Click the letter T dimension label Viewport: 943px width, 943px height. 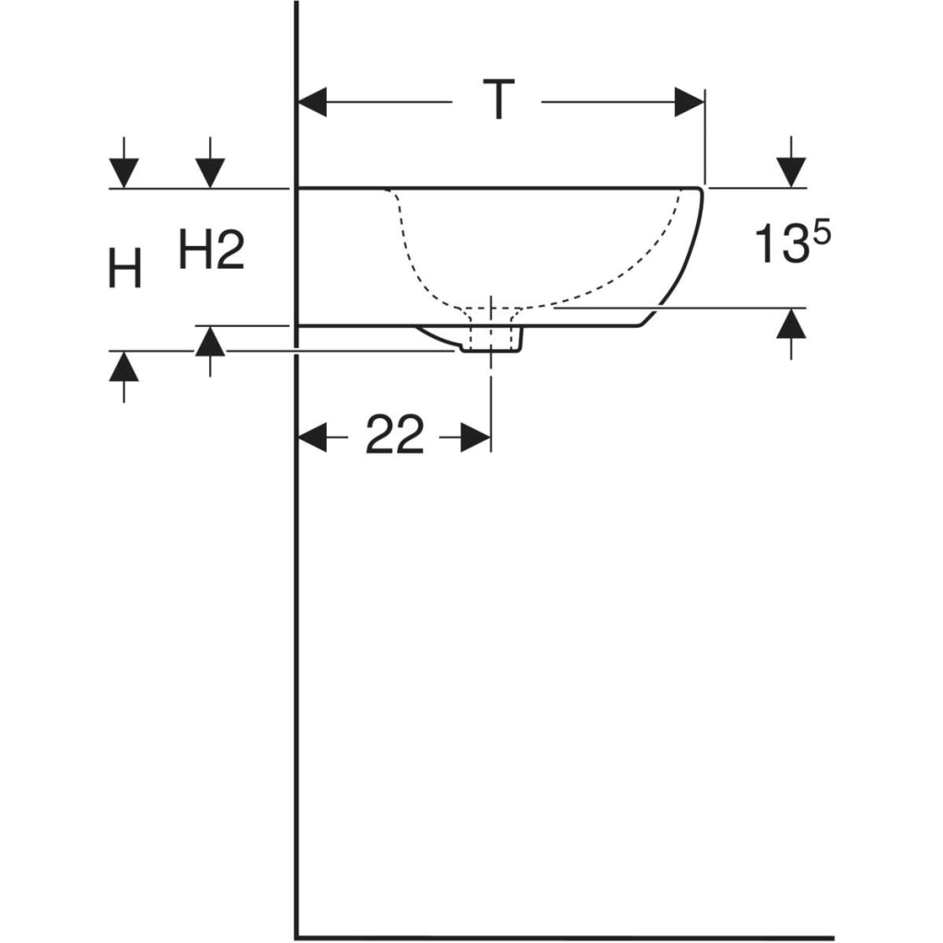[x=497, y=99]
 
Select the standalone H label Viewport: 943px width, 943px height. [x=124, y=268]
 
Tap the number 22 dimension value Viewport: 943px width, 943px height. [x=394, y=434]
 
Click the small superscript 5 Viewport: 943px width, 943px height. [x=821, y=232]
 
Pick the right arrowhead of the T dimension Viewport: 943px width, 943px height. [x=689, y=102]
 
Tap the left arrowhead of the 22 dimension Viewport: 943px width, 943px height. [x=313, y=437]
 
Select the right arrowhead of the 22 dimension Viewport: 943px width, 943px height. [x=476, y=437]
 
